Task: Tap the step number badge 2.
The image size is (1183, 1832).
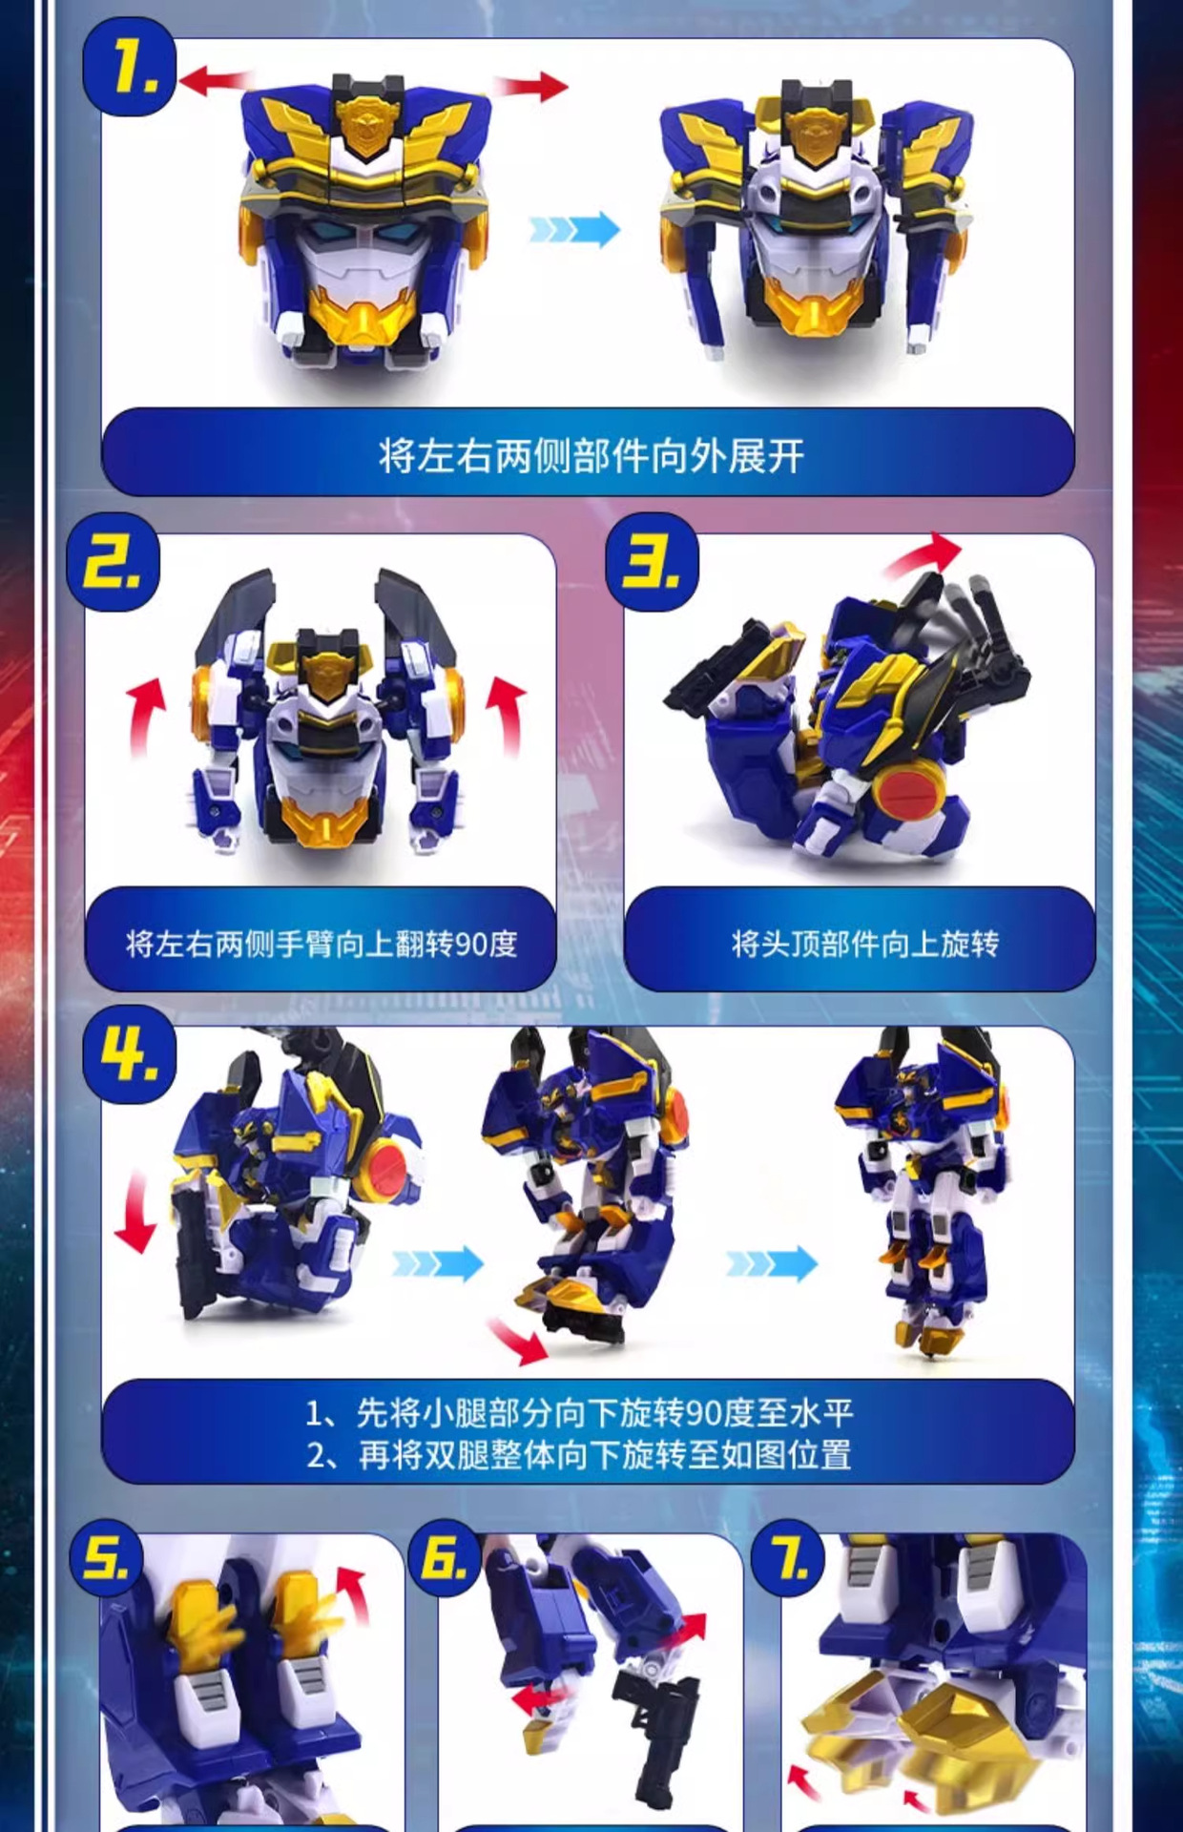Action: (113, 563)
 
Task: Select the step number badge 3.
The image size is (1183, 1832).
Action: (653, 563)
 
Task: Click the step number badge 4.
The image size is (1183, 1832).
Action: (130, 1055)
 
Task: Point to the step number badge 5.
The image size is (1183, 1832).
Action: (107, 1559)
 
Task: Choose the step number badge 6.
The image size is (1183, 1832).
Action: (445, 1559)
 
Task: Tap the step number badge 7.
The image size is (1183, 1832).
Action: (788, 1559)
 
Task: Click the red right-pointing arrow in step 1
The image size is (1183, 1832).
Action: (532, 86)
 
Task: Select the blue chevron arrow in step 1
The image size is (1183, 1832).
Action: (574, 229)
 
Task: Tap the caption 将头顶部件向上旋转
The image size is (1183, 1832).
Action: (863, 944)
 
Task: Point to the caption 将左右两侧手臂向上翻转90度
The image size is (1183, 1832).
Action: (321, 944)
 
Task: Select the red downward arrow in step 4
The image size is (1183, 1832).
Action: (136, 1213)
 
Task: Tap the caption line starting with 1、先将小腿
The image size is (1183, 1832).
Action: (579, 1412)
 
